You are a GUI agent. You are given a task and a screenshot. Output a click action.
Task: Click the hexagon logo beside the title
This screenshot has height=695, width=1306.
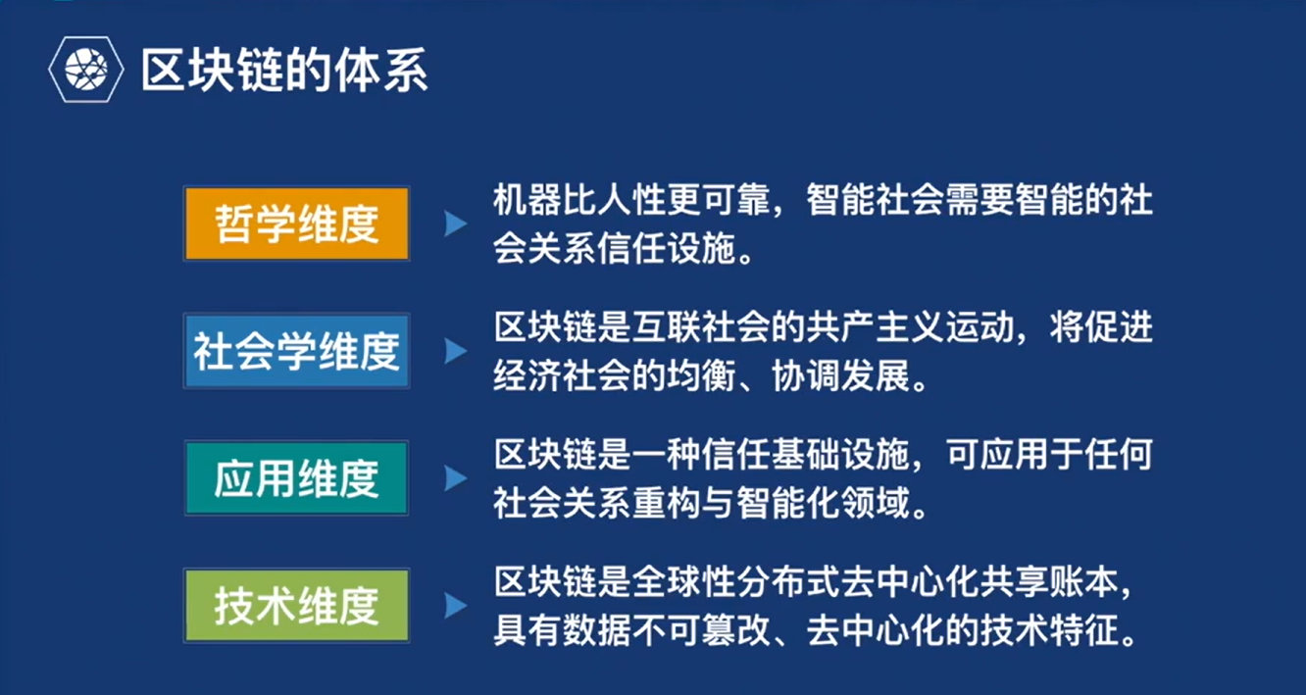86,70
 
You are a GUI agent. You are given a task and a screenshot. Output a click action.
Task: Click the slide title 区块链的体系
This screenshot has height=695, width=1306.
284,71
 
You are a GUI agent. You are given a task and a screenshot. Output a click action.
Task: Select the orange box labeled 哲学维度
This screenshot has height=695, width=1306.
297,223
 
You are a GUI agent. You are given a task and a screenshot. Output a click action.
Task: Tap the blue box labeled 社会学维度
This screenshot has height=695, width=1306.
297,351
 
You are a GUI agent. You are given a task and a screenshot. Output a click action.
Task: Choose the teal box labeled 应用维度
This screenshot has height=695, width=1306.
297,478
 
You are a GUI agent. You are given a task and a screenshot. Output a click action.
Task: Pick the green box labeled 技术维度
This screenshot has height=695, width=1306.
297,606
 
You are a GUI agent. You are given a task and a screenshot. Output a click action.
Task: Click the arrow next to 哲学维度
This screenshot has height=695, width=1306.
455,223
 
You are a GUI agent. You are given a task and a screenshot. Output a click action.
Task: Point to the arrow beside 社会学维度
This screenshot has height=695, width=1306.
455,351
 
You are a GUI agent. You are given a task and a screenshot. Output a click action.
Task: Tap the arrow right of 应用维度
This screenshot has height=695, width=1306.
455,478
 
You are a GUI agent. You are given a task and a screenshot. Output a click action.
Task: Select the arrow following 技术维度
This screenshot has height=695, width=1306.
455,606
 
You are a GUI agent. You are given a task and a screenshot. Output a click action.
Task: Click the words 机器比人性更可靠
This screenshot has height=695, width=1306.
631,199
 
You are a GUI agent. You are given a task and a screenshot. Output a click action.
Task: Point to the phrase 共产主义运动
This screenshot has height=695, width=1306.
910,327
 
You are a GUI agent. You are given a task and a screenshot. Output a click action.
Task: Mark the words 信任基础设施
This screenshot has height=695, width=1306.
806,454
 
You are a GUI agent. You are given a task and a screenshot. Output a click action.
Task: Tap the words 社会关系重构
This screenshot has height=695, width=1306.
596,503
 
